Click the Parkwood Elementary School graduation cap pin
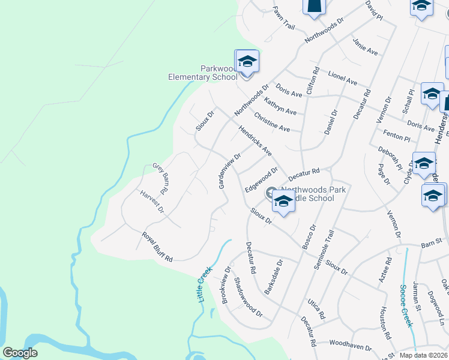point(247,62)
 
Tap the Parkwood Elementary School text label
point(202,73)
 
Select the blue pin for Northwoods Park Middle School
point(283,203)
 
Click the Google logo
point(20,353)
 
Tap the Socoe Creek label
point(406,305)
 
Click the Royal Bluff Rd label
point(157,247)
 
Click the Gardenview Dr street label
point(229,171)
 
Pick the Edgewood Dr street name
point(261,179)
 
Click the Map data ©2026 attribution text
point(424,355)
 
